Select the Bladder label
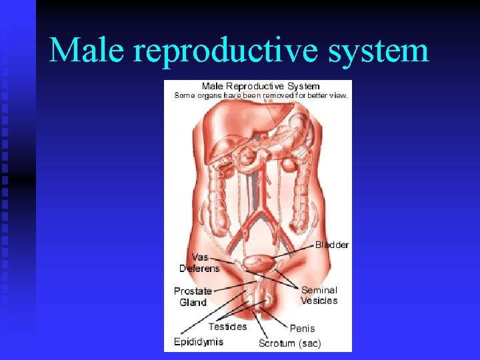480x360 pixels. pyautogui.click(x=331, y=245)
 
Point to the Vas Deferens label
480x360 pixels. pyautogui.click(x=199, y=263)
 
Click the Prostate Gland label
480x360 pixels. pyautogui.click(x=193, y=297)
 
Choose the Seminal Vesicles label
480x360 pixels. pyautogui.click(x=319, y=295)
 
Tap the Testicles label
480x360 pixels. pyautogui.click(x=227, y=327)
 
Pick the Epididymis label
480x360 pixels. pyautogui.click(x=198, y=342)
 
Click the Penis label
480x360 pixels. pyautogui.click(x=302, y=328)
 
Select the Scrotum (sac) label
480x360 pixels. pyautogui.click(x=289, y=343)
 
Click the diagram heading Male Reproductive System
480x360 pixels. pyautogui.click(x=261, y=86)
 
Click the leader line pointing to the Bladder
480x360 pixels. pyautogui.click(x=293, y=252)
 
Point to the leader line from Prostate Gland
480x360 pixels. pyautogui.click(x=230, y=285)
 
